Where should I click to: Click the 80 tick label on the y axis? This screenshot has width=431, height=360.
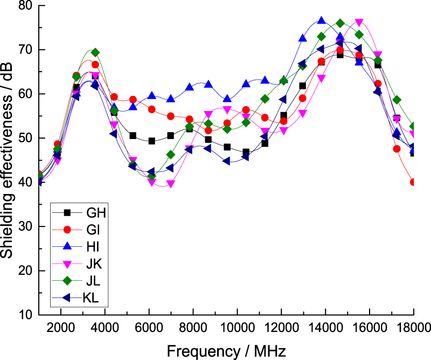click(x=25, y=6)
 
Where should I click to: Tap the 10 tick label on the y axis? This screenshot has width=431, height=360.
click(x=25, y=315)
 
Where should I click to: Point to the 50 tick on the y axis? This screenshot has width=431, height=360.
click(x=25, y=139)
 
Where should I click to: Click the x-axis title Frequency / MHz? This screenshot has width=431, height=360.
click(x=223, y=350)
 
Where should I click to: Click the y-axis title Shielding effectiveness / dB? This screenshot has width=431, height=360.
click(x=8, y=160)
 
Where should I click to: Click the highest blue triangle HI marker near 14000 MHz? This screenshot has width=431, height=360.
click(x=322, y=21)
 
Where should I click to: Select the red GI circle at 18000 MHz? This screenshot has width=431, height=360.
click(x=413, y=182)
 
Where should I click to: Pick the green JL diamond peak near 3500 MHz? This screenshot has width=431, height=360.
click(x=95, y=52)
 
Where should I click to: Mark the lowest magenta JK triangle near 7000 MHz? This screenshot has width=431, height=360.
click(x=171, y=184)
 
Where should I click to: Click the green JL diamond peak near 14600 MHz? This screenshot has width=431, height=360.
click(x=340, y=23)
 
